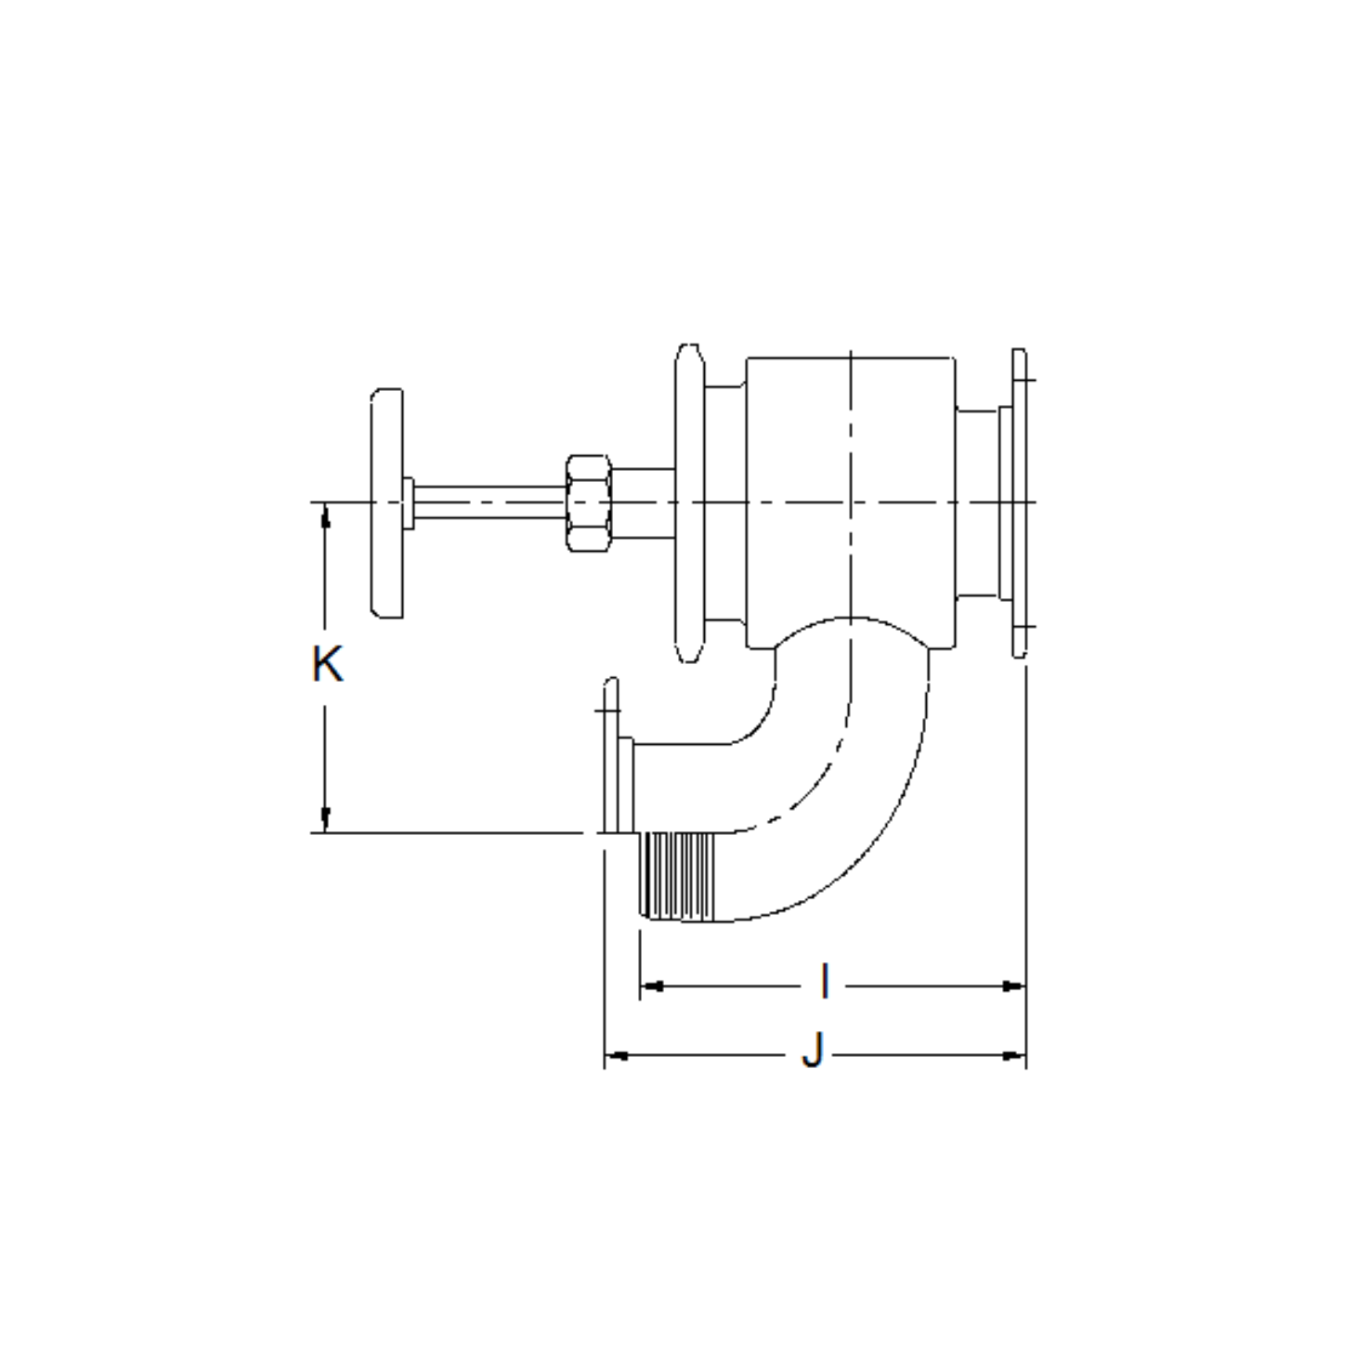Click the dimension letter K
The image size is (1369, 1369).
click(327, 665)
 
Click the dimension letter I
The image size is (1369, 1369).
click(824, 982)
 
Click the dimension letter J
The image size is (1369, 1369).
click(813, 1053)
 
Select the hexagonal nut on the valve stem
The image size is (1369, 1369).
click(588, 502)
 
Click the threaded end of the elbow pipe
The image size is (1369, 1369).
click(679, 876)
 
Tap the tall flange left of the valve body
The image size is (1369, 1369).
click(688, 502)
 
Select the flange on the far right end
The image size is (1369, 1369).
click(1019, 502)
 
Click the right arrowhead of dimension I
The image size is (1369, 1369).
click(1014, 986)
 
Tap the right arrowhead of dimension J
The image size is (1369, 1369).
click(1014, 1055)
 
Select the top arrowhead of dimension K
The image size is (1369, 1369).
click(325, 515)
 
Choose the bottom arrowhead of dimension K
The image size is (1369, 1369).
click(325, 820)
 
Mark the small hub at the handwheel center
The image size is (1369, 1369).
click(407, 502)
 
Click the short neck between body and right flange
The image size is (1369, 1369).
click(977, 502)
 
